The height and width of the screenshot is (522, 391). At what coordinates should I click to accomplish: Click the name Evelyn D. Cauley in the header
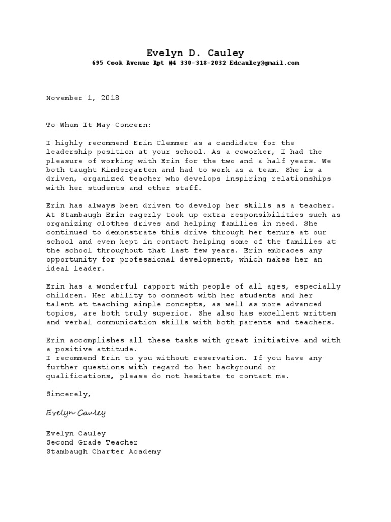coord(195,53)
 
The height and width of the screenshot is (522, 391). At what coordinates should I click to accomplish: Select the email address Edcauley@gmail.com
coord(264,63)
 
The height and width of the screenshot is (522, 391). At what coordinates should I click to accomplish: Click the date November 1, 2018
coord(82,98)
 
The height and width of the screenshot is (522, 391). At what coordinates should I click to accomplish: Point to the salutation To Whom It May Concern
coord(99,125)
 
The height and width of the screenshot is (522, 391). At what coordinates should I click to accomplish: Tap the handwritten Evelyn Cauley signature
coord(76,412)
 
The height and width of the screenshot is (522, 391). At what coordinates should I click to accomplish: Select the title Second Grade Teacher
coord(92,442)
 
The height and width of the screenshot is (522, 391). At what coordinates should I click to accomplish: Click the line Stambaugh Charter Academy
coord(103,451)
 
